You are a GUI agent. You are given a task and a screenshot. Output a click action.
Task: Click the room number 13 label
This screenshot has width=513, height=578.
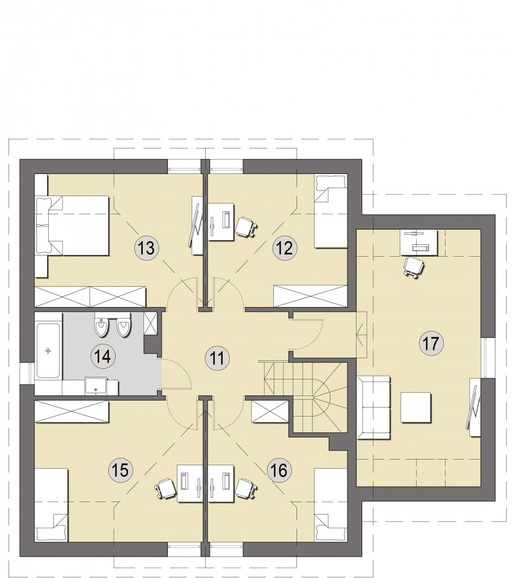(147, 248)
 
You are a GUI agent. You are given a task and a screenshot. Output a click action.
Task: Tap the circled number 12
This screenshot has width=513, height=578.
(285, 248)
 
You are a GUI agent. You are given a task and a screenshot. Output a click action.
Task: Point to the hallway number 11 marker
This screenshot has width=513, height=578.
(217, 358)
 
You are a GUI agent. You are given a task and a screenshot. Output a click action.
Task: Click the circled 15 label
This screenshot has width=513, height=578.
(121, 470)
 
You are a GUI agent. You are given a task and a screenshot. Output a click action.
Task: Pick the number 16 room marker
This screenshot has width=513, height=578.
(279, 470)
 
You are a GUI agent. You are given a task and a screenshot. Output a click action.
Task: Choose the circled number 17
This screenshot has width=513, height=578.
(431, 343)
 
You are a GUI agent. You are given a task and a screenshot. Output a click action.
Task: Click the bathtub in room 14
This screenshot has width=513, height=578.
(48, 351)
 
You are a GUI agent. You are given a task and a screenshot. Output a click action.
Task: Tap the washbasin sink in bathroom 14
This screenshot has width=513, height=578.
(96, 386)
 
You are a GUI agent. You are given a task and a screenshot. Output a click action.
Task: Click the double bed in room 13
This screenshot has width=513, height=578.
(73, 225)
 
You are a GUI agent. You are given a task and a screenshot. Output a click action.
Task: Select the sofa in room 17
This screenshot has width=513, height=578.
(374, 407)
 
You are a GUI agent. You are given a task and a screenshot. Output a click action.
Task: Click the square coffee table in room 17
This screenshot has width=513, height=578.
(416, 407)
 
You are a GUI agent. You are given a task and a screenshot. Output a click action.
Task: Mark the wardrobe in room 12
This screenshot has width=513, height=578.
(311, 296)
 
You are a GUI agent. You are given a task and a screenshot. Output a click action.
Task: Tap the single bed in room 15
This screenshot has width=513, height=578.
(52, 505)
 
